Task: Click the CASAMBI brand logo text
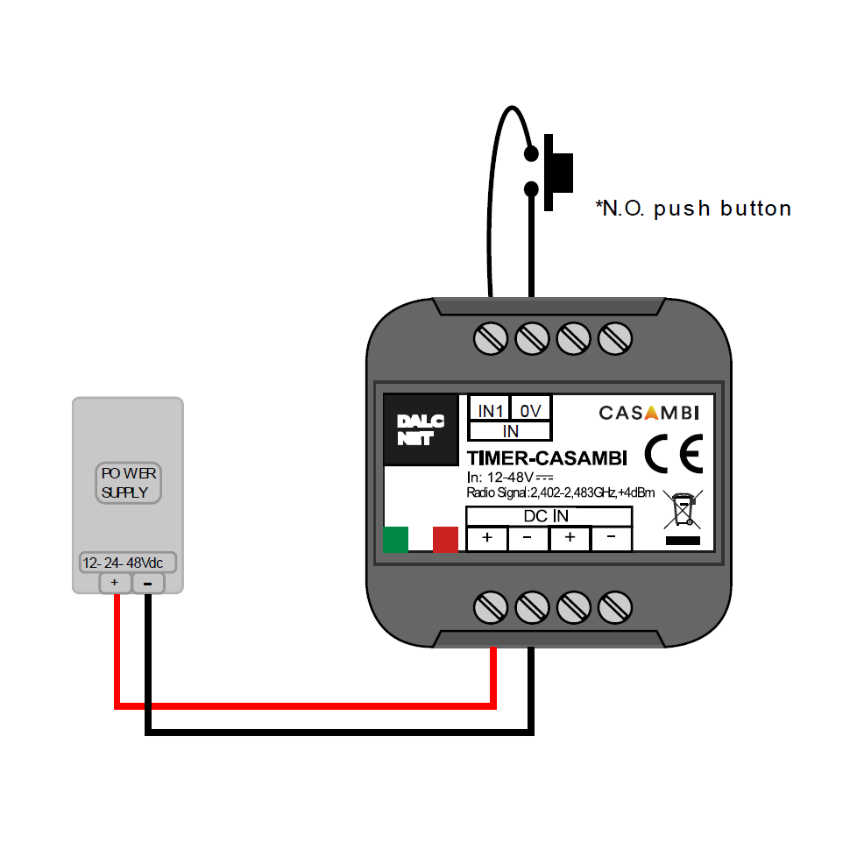coord(648,413)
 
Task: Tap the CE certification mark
coord(673,455)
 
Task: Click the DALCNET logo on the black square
coord(421,430)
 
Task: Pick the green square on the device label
coord(396,540)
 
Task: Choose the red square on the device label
coord(445,540)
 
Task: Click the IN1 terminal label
coord(488,410)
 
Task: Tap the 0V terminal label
coord(529,410)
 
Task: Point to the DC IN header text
coord(546,516)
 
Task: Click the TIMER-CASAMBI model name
coord(547,458)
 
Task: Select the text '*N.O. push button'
coord(693,209)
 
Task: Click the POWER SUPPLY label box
coord(129,483)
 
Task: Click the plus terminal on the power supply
coord(115,583)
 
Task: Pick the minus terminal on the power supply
coord(148,583)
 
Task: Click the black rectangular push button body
coord(557,172)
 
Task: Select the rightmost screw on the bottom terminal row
coord(615,606)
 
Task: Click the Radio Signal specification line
coord(561,493)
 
